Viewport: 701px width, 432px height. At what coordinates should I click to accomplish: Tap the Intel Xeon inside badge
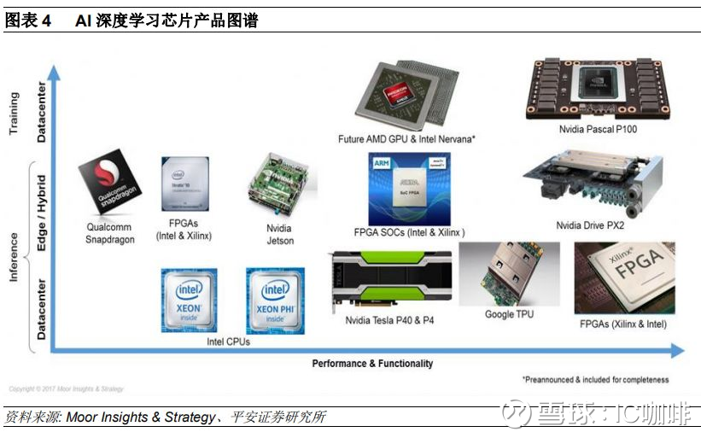(189, 300)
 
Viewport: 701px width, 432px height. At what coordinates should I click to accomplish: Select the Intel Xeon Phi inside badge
(275, 300)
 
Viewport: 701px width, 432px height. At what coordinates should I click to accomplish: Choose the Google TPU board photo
(509, 274)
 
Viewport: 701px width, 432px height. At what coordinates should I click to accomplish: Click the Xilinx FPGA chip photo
(623, 278)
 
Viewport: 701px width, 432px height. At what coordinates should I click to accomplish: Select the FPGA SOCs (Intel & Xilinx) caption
(409, 232)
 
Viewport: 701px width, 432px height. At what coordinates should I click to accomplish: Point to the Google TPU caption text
(509, 314)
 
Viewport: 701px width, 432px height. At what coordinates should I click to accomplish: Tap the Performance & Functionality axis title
(372, 364)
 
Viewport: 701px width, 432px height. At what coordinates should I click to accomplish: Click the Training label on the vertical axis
(14, 114)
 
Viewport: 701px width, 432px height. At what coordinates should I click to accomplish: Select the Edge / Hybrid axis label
(41, 212)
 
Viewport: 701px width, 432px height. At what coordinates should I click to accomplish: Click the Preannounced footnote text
(596, 380)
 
